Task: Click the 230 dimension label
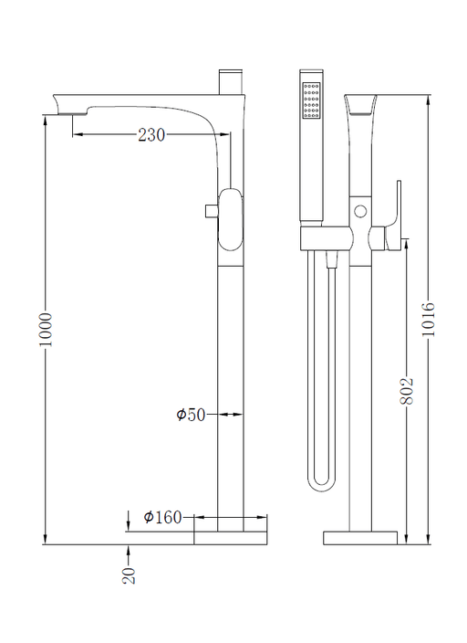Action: (x=151, y=134)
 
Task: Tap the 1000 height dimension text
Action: (x=46, y=330)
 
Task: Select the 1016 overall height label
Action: (x=429, y=319)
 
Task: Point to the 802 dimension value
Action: (x=407, y=391)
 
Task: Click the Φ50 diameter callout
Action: (x=191, y=415)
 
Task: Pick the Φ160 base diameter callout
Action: (x=162, y=517)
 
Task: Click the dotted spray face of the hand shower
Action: (x=311, y=100)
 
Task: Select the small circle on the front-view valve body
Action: (x=360, y=212)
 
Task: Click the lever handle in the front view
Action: (x=392, y=218)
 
